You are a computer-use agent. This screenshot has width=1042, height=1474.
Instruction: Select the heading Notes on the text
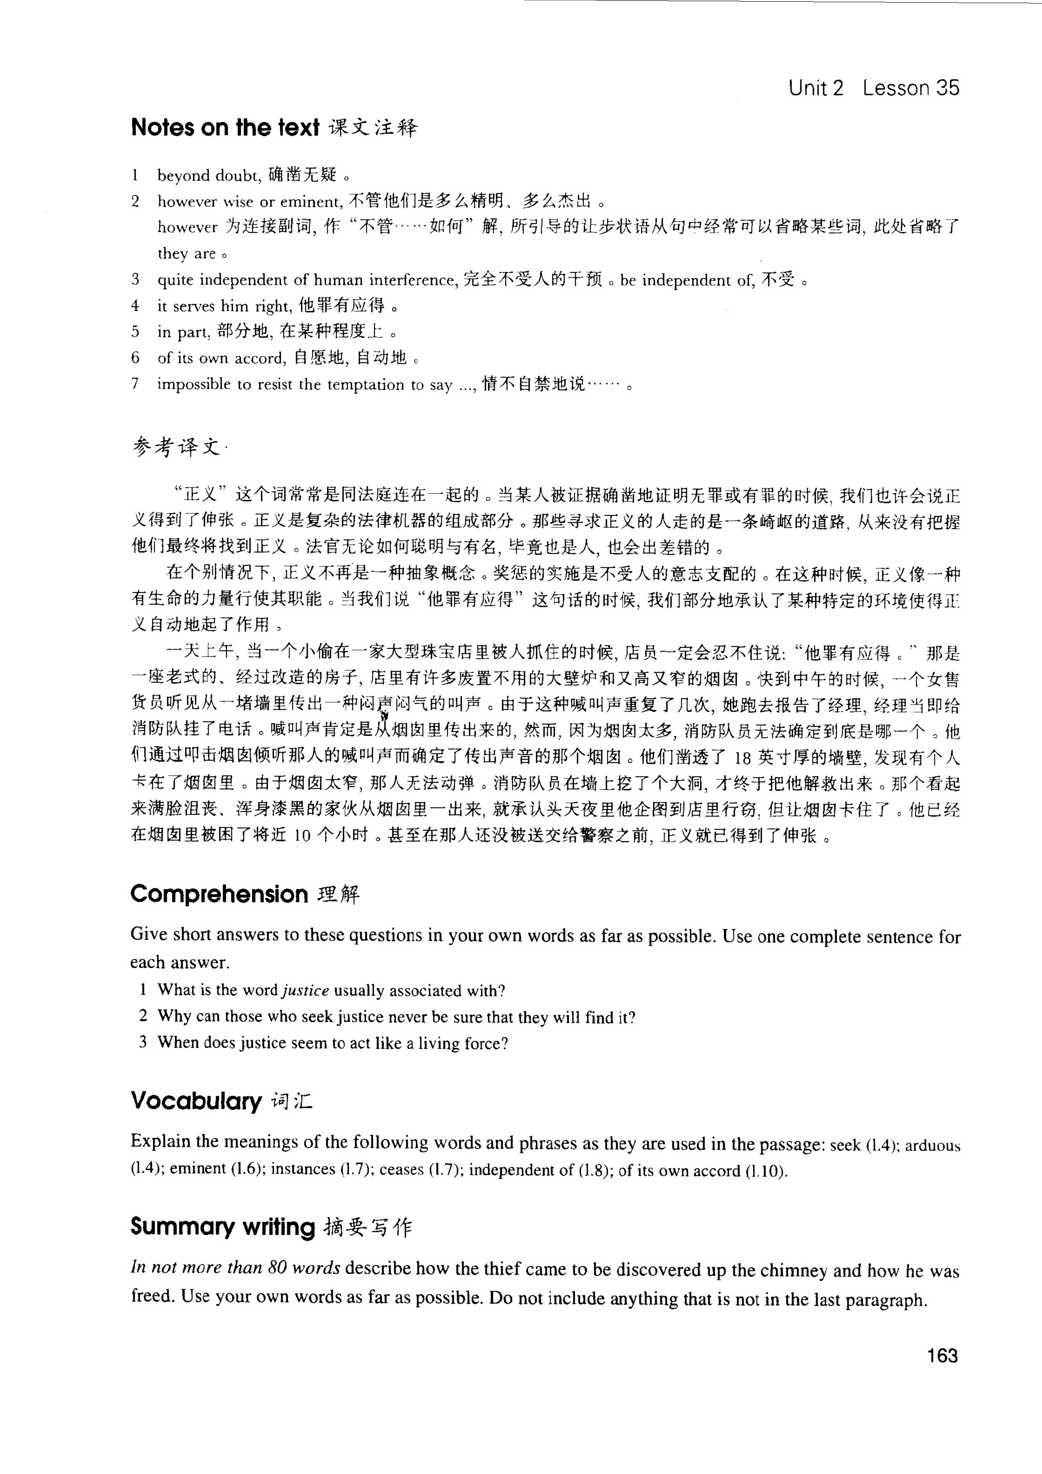[x=225, y=128]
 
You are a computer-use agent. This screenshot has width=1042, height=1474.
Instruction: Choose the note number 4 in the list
[x=135, y=305]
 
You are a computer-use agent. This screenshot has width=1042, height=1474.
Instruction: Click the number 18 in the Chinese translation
[x=741, y=758]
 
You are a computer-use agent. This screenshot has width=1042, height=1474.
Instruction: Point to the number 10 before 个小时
[x=302, y=836]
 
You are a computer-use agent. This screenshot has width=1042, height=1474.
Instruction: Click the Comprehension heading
[x=219, y=894]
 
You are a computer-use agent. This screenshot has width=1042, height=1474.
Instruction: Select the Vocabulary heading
[x=196, y=1100]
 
